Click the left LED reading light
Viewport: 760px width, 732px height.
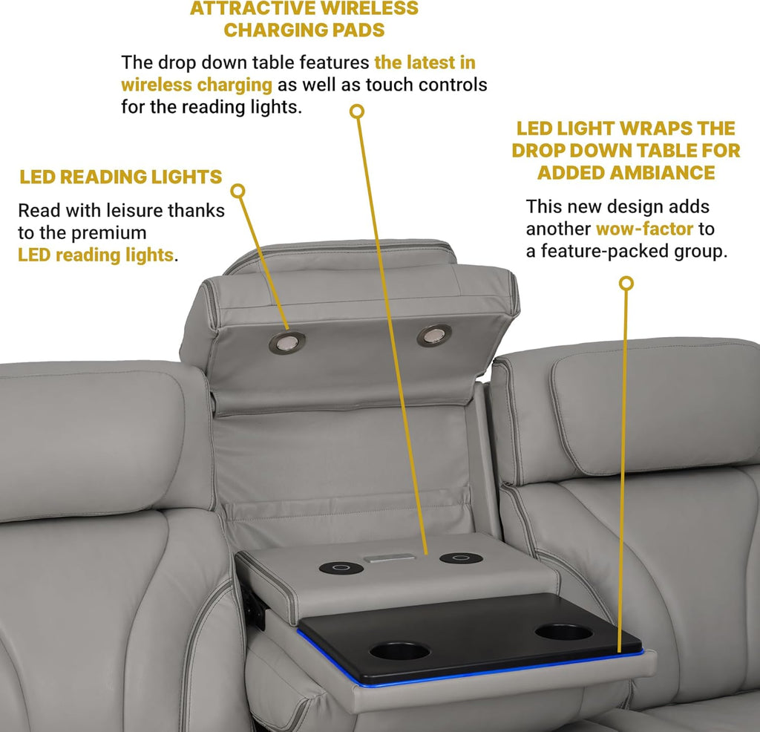click(x=287, y=343)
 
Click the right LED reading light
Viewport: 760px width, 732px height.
click(x=434, y=336)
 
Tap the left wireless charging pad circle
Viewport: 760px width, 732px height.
click(x=341, y=568)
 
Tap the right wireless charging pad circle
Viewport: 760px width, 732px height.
click(x=461, y=558)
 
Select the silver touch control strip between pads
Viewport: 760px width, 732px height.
click(x=390, y=558)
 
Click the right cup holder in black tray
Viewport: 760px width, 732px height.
click(x=564, y=632)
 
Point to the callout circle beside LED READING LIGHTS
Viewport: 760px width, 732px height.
click(x=237, y=191)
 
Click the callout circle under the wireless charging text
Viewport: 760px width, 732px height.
click(x=357, y=111)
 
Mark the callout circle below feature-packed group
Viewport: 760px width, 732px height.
click(x=626, y=283)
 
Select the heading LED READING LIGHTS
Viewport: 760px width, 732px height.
click(x=121, y=177)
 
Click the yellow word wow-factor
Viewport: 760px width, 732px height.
click(x=644, y=229)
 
